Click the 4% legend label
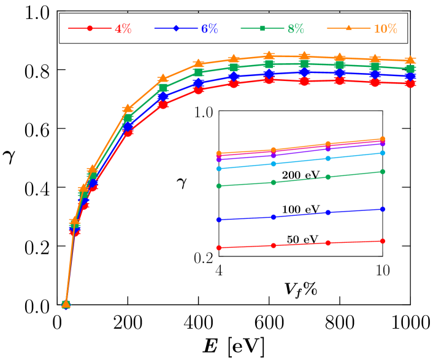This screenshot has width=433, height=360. click(x=123, y=29)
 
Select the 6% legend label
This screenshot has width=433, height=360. click(x=209, y=29)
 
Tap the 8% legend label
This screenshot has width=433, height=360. click(x=296, y=29)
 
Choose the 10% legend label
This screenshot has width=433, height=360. click(x=385, y=29)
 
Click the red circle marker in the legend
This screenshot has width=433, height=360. click(x=90, y=28)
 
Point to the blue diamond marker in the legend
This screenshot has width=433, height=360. click(x=177, y=28)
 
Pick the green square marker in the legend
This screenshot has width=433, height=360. click(x=262, y=28)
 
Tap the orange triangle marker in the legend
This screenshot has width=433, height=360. click(x=349, y=28)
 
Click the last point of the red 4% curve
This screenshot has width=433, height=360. click(x=410, y=84)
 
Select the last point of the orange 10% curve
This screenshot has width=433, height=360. click(x=410, y=60)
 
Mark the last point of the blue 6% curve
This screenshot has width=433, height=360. click(x=410, y=77)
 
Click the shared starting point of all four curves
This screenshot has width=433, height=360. click(x=66, y=304)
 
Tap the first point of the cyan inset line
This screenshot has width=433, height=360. click(x=219, y=169)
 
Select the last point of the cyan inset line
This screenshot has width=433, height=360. click(x=383, y=153)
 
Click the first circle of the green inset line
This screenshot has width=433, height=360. click(x=219, y=186)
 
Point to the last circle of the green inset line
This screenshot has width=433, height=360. click(x=383, y=172)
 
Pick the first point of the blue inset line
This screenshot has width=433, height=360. click(x=219, y=220)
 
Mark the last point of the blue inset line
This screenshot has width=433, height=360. click(x=383, y=209)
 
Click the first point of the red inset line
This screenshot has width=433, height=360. click(x=219, y=248)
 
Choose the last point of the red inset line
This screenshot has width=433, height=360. click(x=383, y=241)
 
